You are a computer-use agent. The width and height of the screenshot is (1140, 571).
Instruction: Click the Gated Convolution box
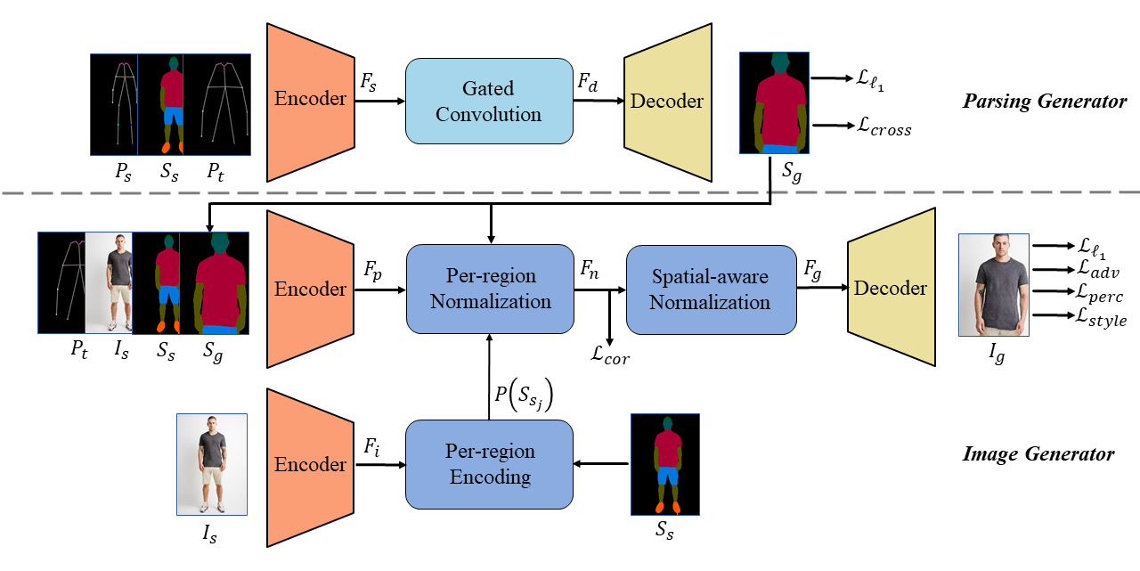click(x=488, y=102)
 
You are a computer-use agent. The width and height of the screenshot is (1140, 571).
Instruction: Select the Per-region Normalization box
click(x=490, y=290)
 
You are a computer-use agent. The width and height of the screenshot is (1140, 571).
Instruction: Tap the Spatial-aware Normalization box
click(x=710, y=290)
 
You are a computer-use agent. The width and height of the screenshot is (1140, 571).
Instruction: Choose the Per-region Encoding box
click(x=490, y=465)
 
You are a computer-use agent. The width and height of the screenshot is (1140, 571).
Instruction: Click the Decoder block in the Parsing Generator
click(x=668, y=102)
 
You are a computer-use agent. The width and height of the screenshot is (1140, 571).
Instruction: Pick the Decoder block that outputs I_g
click(x=891, y=288)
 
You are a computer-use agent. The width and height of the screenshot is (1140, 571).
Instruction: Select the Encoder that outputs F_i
click(x=310, y=465)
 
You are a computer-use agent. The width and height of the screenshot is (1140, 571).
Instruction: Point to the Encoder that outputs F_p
click(x=310, y=290)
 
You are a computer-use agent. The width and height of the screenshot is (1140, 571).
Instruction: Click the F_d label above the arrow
click(x=587, y=82)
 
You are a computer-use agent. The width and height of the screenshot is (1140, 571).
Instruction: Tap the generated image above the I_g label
click(x=993, y=284)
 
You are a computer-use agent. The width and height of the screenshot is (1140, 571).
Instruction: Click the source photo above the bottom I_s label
click(x=212, y=464)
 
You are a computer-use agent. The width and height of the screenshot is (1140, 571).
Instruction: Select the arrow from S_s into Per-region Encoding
click(x=601, y=463)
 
